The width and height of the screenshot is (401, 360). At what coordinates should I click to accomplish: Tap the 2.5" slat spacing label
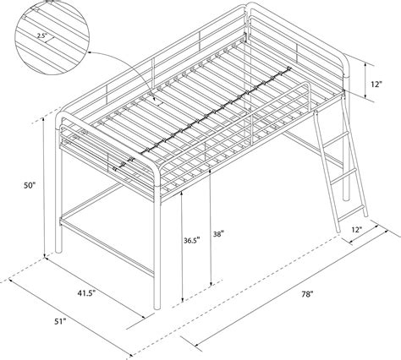[40, 36]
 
